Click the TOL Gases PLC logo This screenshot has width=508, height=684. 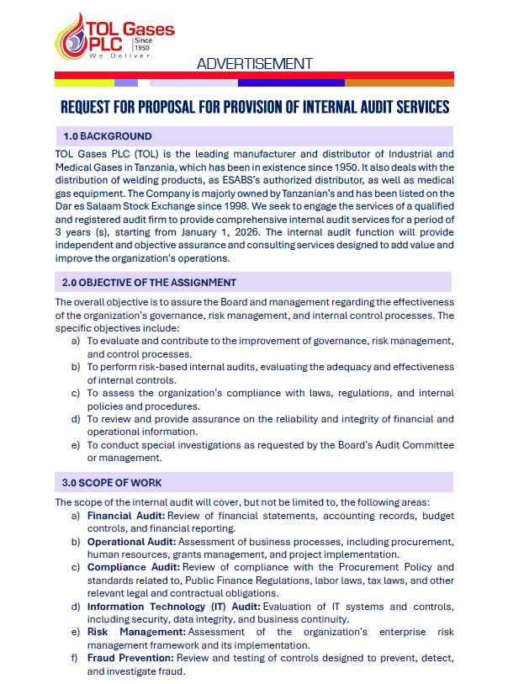point(113,36)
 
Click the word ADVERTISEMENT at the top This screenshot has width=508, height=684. point(254,64)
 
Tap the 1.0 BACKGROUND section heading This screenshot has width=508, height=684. point(108,136)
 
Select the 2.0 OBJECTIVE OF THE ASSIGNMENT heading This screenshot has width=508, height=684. point(150,283)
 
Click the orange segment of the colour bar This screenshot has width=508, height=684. point(399,82)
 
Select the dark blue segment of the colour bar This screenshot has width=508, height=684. point(290,82)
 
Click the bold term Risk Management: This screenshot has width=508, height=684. point(136,633)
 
